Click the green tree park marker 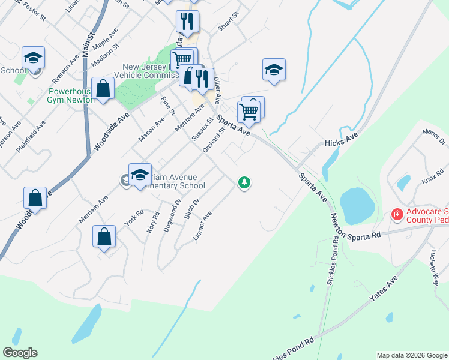click(244, 182)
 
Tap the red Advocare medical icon click(396, 214)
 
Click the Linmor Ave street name click(202, 227)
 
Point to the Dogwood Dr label click(173, 211)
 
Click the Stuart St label click(228, 21)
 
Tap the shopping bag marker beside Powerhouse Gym click(103, 88)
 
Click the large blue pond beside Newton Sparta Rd click(356, 204)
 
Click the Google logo click(20, 353)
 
